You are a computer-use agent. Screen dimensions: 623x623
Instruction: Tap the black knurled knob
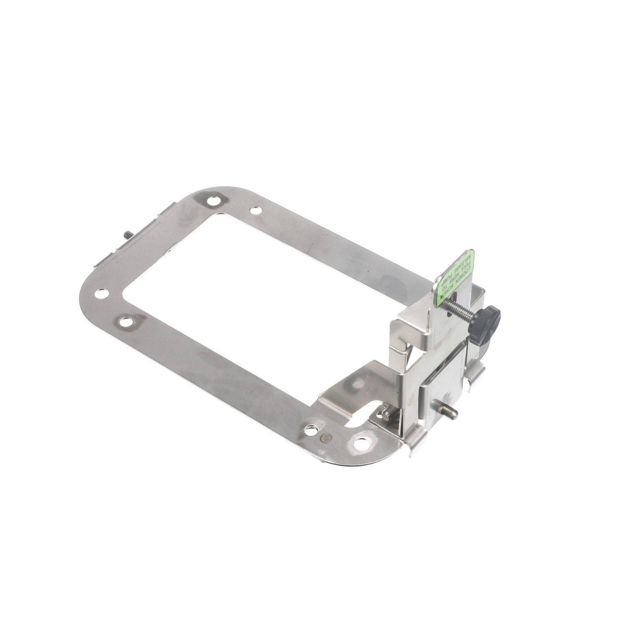tap(485, 323)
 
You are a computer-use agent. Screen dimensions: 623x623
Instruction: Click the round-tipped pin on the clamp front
tap(450, 412)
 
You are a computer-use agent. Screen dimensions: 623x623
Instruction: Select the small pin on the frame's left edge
tap(128, 235)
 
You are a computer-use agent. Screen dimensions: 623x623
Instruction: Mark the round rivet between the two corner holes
tap(324, 437)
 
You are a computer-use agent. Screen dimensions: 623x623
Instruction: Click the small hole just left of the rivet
tap(310, 430)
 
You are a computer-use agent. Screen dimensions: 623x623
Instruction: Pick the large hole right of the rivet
tap(361, 444)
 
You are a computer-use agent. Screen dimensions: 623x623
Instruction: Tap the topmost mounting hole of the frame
tap(214, 201)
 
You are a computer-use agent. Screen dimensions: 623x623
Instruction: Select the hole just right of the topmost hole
tap(255, 211)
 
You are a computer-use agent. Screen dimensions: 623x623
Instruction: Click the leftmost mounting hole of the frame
tap(102, 293)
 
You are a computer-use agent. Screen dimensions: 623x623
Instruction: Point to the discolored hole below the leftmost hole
tap(126, 322)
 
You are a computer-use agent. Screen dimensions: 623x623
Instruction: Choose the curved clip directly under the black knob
tap(475, 372)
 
